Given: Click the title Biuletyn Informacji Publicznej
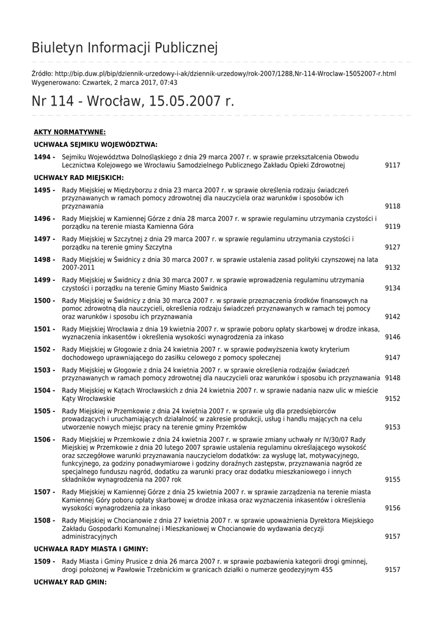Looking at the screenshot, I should [125, 48].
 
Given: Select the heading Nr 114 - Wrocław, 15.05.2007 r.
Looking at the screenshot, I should [133, 101].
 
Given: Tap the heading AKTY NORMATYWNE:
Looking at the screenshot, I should [70, 132].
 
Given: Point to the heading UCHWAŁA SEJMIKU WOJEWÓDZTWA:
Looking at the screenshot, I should [96, 145].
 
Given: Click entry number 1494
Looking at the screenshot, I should [44, 157].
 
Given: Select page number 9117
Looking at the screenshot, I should [392, 165].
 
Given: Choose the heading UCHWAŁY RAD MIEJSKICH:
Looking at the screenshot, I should [79, 178].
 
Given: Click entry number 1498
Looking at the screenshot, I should [44, 259].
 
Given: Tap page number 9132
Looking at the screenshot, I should [392, 267].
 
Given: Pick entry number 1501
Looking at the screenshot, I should [44, 329].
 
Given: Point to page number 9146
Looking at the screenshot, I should [392, 337].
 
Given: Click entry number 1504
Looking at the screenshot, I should [44, 390].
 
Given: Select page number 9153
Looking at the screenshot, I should [392, 427].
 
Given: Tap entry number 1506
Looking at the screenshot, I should [44, 439].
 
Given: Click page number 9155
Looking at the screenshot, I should [392, 480].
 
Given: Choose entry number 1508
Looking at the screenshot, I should [44, 520].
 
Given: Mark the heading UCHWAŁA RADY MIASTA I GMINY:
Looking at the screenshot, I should [91, 549].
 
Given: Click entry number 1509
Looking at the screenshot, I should [44, 561].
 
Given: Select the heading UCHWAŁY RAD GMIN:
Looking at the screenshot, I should [70, 582].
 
